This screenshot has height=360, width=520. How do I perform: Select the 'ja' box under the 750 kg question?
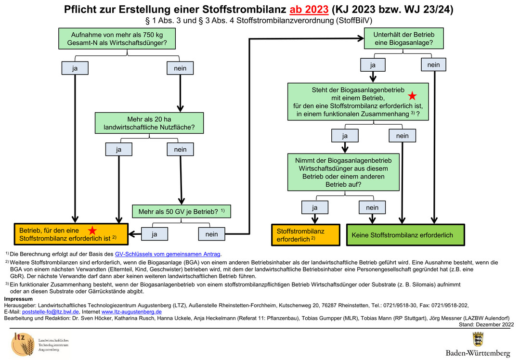click(75, 68)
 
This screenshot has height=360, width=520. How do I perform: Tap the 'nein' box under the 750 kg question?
click(180, 68)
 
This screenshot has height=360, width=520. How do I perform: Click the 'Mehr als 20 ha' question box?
click(149, 123)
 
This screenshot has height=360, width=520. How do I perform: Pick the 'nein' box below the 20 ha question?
click(180, 150)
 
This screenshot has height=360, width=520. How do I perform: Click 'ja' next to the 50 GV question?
click(155, 234)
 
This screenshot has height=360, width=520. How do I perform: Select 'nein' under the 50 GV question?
click(211, 234)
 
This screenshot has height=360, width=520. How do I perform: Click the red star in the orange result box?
click(92, 231)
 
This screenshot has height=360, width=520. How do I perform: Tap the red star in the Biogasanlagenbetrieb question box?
click(412, 96)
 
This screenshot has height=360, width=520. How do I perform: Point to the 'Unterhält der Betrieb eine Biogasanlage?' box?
click(402, 39)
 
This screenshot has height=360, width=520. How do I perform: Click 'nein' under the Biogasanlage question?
click(433, 64)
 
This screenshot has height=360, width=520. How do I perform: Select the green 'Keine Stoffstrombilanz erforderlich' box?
click(406, 235)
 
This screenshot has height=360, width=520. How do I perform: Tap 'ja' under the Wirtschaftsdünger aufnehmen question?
click(315, 207)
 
